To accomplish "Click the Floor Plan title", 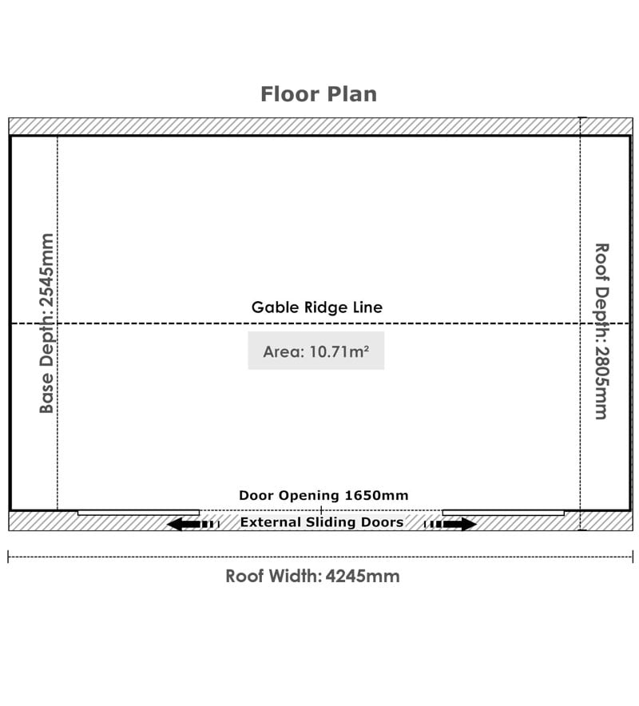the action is click(319, 94).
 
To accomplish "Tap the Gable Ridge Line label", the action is click(316, 307).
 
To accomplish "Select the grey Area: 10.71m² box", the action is click(316, 351).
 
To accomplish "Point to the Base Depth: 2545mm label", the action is click(47, 323).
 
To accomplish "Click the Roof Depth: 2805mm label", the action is click(601, 331).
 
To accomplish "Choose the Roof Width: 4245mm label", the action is click(312, 577).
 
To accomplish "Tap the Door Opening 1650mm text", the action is click(323, 495).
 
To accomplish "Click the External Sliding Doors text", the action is click(322, 522).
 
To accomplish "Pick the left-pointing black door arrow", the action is click(193, 524).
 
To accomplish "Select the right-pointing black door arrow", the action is click(450, 524).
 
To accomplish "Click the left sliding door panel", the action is click(138, 513).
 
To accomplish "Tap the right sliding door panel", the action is click(503, 513).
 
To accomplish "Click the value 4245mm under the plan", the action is click(363, 577).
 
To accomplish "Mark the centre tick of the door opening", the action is click(321, 510).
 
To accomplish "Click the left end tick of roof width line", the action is click(8, 557).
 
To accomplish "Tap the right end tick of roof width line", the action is click(633, 557).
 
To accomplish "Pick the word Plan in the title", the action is click(352, 94).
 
